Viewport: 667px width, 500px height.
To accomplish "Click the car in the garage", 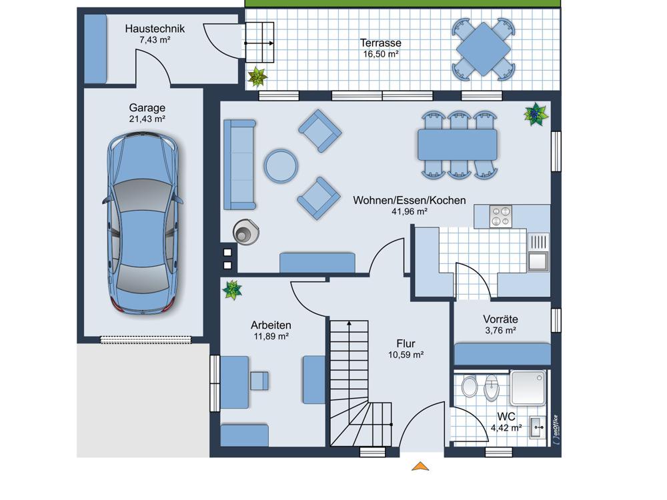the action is coord(143,223).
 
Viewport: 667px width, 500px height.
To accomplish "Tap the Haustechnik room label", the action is coord(155,29).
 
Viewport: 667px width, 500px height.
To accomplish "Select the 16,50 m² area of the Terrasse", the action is coord(381,54).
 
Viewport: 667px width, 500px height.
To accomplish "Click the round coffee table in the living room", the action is coord(281,166).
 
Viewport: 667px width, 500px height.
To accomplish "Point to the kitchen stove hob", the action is coord(500,217).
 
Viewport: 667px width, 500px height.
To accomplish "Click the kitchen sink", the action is coord(538,261).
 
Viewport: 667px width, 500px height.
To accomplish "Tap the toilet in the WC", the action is coord(470,386).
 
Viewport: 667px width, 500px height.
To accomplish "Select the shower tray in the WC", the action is coord(528,387).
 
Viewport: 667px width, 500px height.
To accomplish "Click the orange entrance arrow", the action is coord(420,467).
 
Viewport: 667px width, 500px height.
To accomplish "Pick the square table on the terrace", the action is coord(484,49).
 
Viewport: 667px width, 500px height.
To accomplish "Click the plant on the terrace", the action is coord(257,77).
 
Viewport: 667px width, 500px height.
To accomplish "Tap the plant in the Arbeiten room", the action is coord(232,289).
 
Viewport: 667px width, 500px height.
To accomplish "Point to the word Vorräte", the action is coord(500,319).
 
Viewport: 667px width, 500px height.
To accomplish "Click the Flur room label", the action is coord(406,343).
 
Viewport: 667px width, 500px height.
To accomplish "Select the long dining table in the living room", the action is coord(458,145).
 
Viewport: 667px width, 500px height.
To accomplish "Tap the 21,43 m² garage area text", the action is coord(147,119).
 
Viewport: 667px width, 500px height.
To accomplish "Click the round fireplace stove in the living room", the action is coord(246,232).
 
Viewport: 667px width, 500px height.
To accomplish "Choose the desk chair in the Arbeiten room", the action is coord(259,381).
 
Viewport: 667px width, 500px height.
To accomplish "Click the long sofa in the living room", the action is coord(239,165).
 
